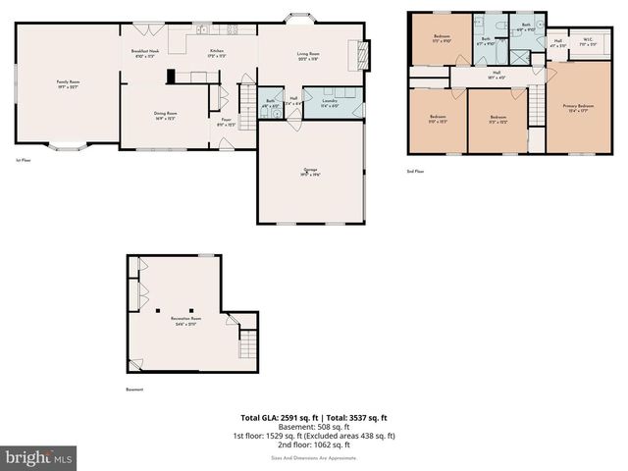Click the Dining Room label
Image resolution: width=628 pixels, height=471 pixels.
pos(165,115)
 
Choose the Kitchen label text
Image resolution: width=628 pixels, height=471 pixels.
pos(217,53)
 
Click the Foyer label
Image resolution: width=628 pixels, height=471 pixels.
pos(225,122)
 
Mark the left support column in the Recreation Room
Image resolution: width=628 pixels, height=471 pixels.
pos(158,310)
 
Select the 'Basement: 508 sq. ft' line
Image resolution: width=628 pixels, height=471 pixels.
pos(313,427)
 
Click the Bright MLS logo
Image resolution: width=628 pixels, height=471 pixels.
pos(38,457)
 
